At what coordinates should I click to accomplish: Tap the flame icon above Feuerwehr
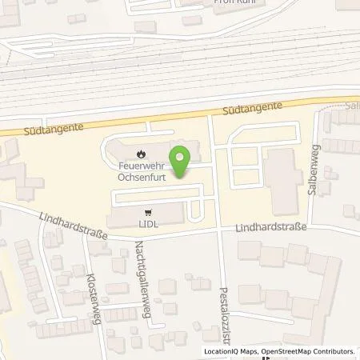point(142,154)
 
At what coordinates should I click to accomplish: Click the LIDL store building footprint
point(136,216)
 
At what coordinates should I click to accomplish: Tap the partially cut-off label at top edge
point(234,2)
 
